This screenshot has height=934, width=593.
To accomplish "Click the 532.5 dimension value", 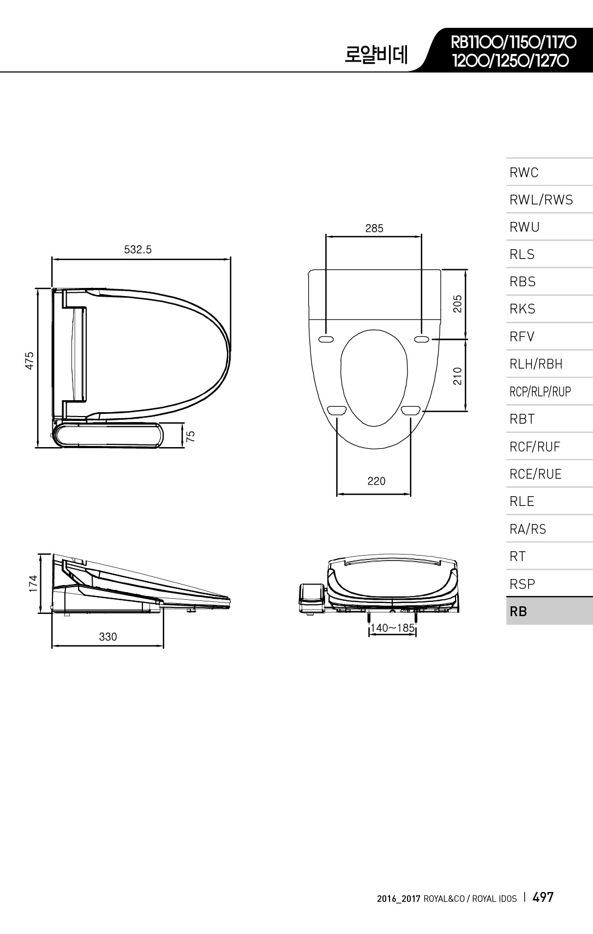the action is click(137, 250).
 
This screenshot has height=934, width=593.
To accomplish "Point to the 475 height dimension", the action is click(29, 360).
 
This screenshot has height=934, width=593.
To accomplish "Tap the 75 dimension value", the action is click(190, 436).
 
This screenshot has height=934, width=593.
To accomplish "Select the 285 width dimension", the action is click(374, 228).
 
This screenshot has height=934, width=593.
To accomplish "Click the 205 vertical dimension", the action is click(458, 304).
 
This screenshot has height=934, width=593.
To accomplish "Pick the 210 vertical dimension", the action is click(458, 376).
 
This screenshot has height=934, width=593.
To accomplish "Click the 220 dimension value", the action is click(376, 481).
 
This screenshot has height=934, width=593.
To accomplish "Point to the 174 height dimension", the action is click(33, 583).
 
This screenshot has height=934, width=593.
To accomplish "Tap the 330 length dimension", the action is click(107, 637).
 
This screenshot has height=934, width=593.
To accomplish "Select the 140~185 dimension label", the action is click(392, 628).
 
